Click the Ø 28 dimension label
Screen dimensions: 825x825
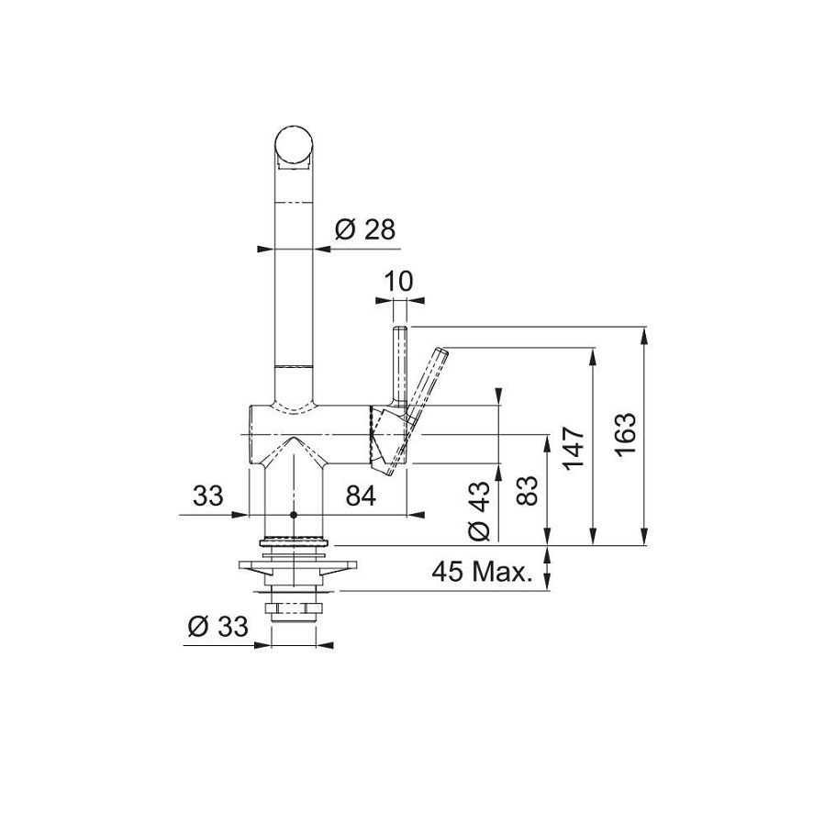point(364,230)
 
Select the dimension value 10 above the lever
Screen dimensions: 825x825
point(399,281)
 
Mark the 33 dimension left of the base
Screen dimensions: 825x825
point(208,496)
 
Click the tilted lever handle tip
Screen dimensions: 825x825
point(440,353)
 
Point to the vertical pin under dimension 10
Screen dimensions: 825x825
point(400,362)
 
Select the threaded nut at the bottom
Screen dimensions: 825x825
point(294,607)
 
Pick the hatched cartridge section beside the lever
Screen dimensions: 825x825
point(379,435)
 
